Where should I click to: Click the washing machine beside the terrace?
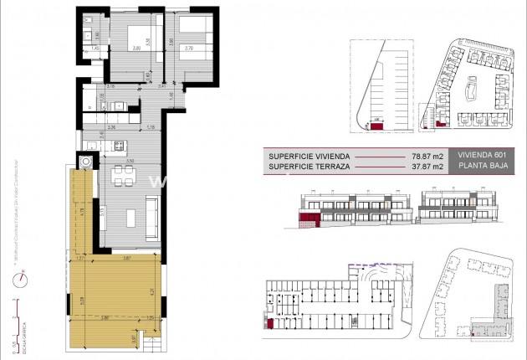pyautogui.click(x=85, y=161)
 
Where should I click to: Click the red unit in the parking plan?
pyautogui.click(x=376, y=123)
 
